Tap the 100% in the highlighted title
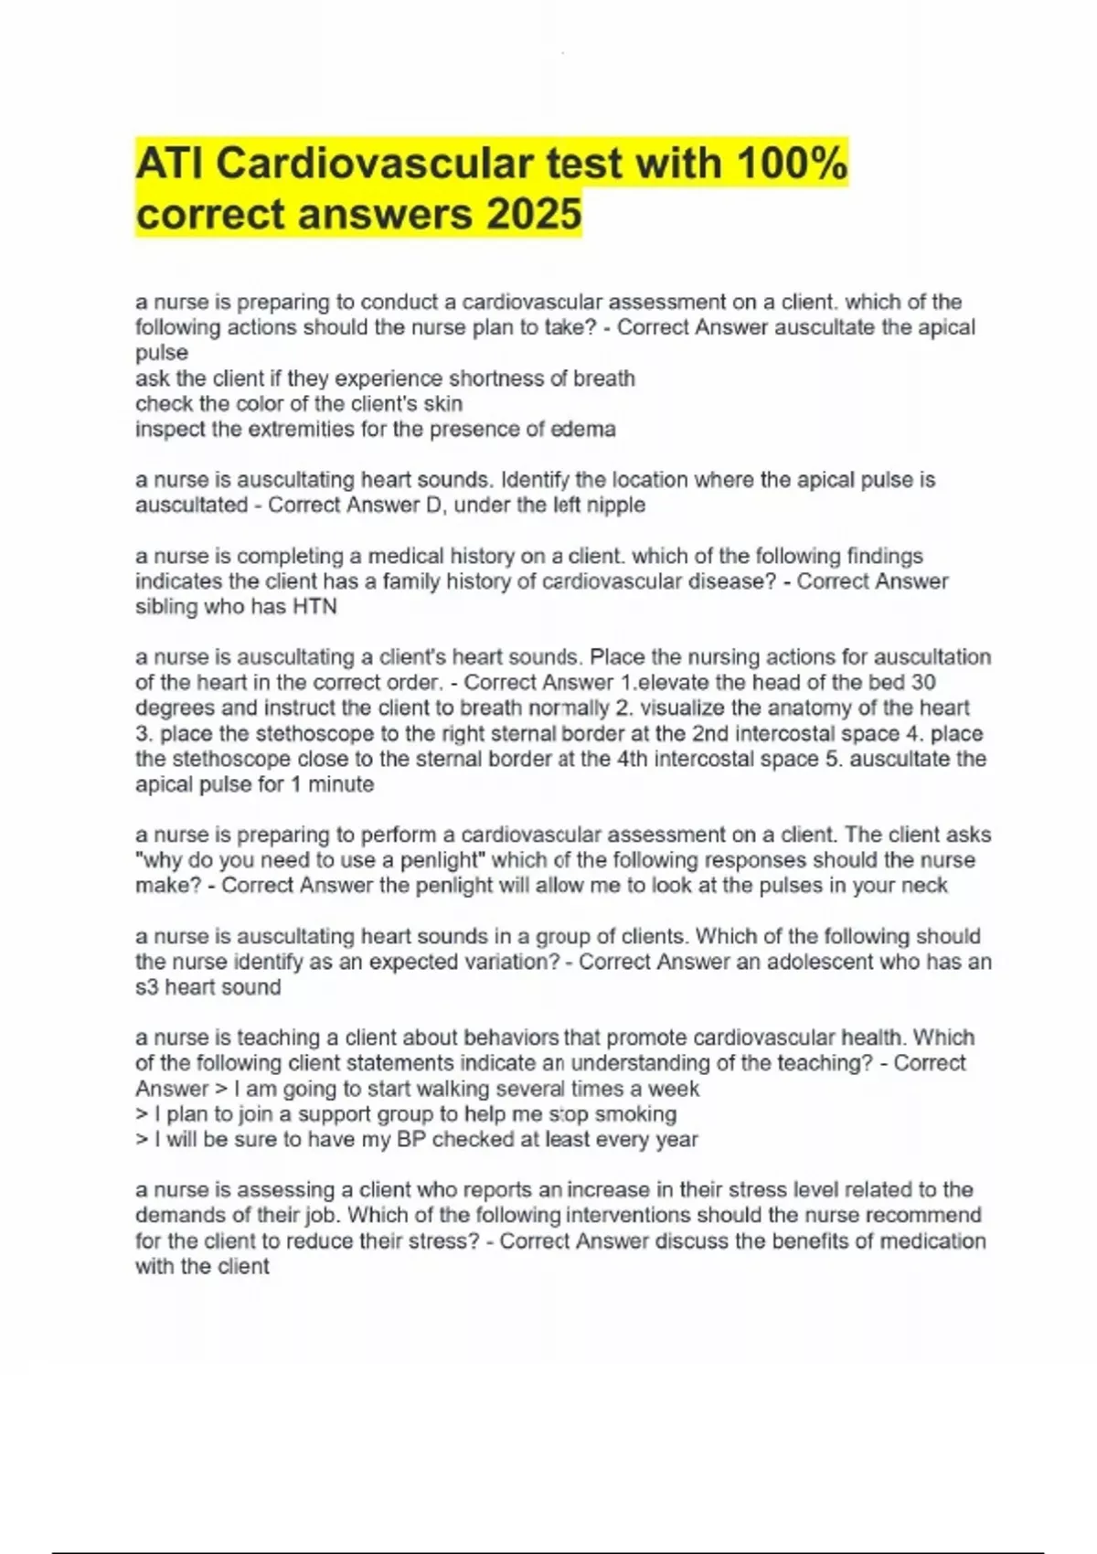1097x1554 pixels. click(791, 165)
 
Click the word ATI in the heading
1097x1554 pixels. click(170, 165)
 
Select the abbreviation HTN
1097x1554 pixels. click(314, 607)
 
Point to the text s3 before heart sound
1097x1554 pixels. click(147, 987)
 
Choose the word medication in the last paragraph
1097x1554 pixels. click(922, 1241)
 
